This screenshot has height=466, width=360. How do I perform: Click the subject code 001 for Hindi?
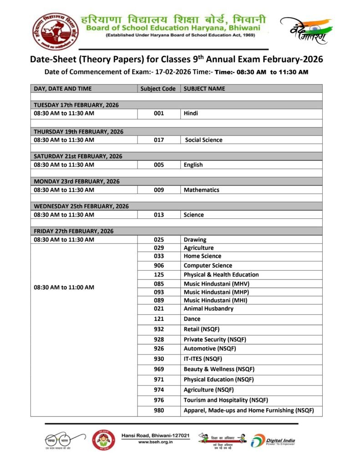[x=159, y=113]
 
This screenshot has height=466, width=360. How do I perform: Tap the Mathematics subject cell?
[x=201, y=190]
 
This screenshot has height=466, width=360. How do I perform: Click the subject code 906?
[x=159, y=265]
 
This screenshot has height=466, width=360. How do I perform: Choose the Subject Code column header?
[x=158, y=89]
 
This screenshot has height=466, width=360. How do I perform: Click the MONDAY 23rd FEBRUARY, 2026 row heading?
[x=75, y=181]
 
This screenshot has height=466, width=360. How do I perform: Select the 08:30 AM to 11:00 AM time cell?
[x=64, y=287]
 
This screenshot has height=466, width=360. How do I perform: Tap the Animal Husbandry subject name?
[x=208, y=309]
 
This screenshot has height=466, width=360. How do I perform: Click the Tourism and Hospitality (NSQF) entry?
[x=226, y=400]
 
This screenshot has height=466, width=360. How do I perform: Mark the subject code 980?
[x=159, y=410]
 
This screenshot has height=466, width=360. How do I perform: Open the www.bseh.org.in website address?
[x=155, y=442]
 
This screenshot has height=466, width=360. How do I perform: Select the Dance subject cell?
[x=192, y=319]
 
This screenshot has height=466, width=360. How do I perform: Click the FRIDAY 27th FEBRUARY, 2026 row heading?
[x=73, y=231]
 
